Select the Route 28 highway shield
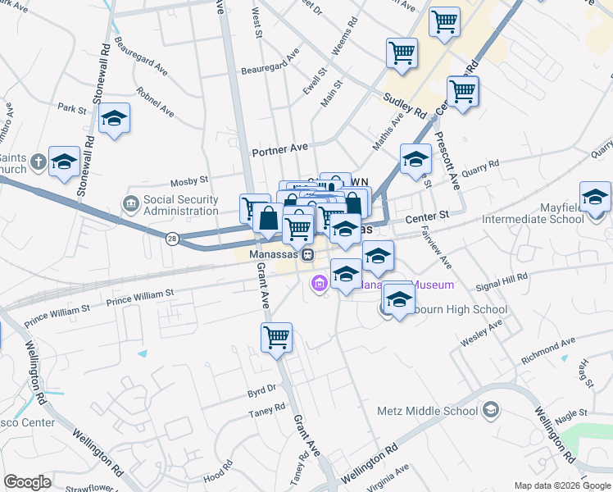click(172, 239)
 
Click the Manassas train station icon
click(306, 255)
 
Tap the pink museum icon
click(320, 285)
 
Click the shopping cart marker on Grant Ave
click(277, 337)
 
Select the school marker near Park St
click(115, 120)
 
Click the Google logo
click(27, 481)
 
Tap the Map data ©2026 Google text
click(561, 485)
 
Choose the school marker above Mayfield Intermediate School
click(595, 198)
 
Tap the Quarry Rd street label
click(479, 166)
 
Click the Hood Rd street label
click(217, 476)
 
